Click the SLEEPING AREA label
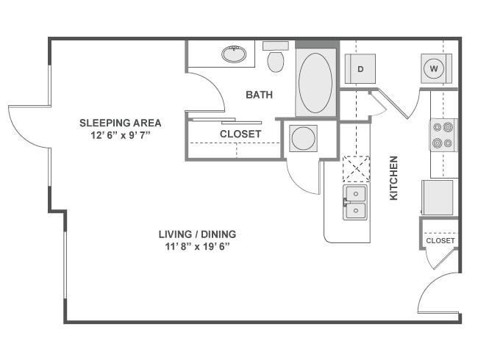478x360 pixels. pos(120,123)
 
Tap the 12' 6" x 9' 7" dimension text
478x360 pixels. pos(120,135)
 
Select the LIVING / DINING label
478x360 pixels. pos(197,234)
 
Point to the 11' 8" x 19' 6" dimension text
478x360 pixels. pos(197,247)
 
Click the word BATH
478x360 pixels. pos(259,95)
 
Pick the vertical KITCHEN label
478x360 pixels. pos(393,178)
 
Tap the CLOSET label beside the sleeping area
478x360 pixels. pos(240,134)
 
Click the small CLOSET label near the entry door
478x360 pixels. pos(440,240)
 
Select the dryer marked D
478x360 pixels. pos(361,69)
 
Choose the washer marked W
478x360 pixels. pos(434,69)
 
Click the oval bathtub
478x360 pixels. pos(315,82)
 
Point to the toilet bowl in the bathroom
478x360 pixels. pos(276,61)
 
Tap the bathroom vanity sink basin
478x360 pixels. pos(234,54)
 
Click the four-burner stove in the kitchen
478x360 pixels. pos(443,135)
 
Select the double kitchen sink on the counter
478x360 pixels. pos(354,202)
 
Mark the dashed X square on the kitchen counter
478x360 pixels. pos(357,168)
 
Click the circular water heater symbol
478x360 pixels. pos(302,137)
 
